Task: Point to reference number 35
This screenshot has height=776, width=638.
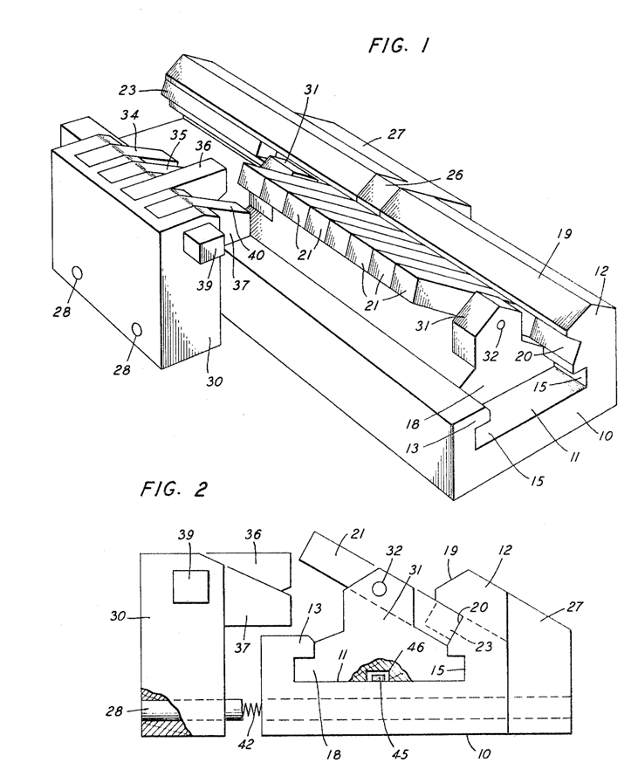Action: [179, 136]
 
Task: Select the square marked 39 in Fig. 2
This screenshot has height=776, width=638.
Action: [190, 586]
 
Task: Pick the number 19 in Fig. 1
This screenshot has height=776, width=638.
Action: [563, 235]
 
